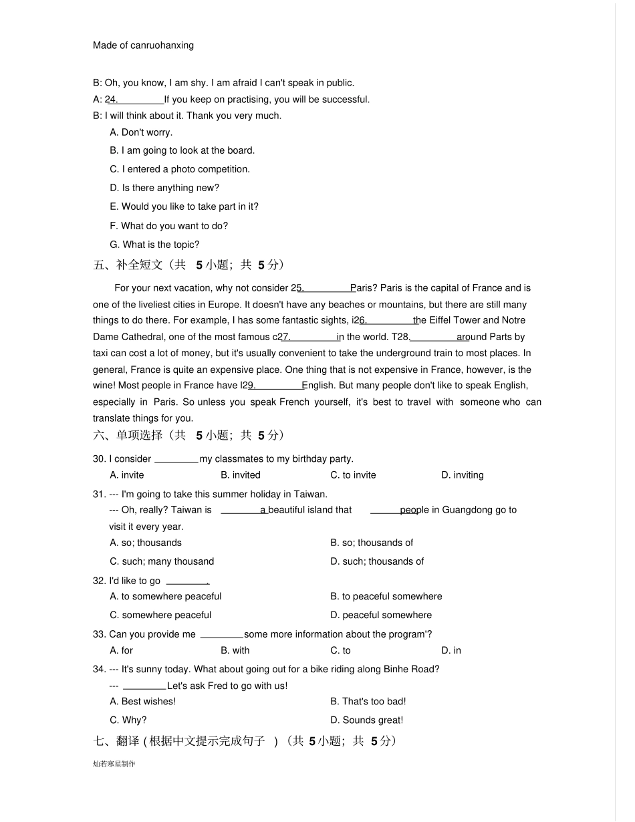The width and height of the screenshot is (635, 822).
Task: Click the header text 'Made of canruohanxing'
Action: tap(143, 45)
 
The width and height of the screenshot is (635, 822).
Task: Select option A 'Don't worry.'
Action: tap(141, 132)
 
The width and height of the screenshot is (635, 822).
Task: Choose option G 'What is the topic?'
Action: tap(154, 245)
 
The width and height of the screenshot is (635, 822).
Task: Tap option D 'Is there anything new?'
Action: tap(164, 188)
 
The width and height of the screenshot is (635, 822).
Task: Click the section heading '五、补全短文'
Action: tap(128, 265)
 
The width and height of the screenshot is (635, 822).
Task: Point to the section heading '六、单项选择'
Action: tap(128, 436)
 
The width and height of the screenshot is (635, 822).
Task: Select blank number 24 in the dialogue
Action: tap(136, 100)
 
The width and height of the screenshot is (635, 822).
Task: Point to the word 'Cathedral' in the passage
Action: tap(144, 337)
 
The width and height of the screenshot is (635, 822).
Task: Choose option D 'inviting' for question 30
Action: tap(462, 475)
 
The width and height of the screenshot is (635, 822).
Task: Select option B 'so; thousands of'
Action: tap(372, 543)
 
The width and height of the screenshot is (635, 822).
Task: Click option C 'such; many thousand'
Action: tap(162, 561)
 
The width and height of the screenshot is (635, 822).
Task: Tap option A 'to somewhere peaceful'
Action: tap(165, 596)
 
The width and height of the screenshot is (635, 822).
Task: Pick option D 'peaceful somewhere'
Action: tap(381, 615)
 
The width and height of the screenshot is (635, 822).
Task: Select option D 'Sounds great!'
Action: tap(366, 720)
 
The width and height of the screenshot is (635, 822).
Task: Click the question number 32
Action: tap(99, 581)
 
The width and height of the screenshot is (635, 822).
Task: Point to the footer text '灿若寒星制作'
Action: tap(114, 764)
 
